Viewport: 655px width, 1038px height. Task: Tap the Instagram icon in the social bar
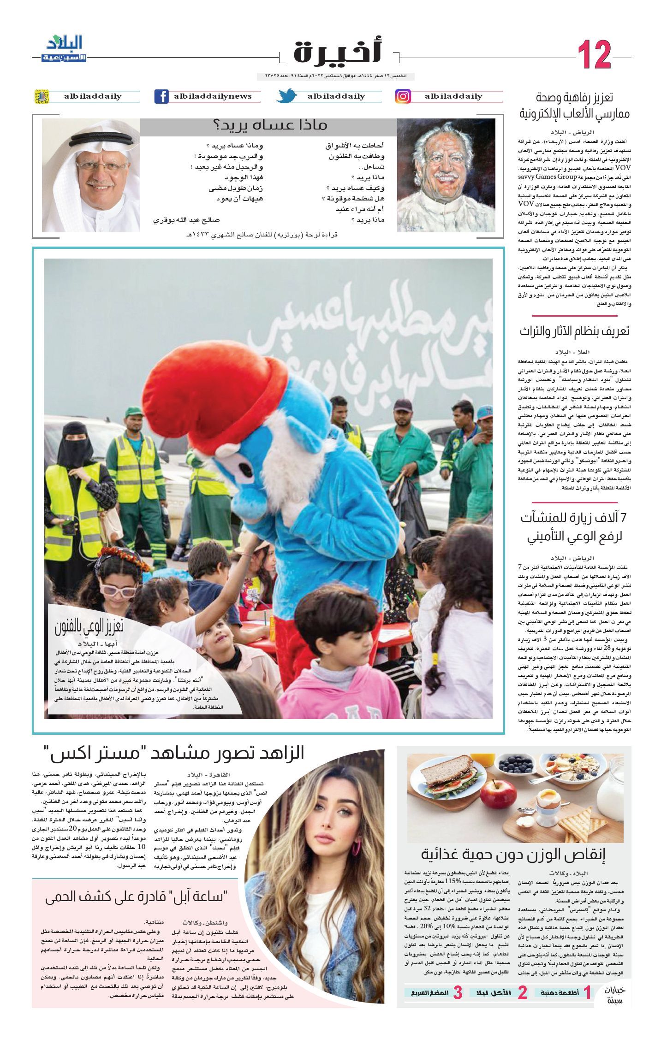(x=403, y=96)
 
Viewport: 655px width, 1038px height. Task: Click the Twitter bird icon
(x=287, y=96)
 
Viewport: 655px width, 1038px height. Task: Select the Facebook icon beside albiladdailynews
(x=161, y=96)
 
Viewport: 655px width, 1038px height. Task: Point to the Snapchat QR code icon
(x=42, y=96)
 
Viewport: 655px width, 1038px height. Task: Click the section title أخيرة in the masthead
(x=337, y=52)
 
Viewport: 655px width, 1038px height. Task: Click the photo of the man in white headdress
(x=91, y=175)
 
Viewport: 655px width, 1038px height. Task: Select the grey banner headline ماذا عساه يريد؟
(x=269, y=126)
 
